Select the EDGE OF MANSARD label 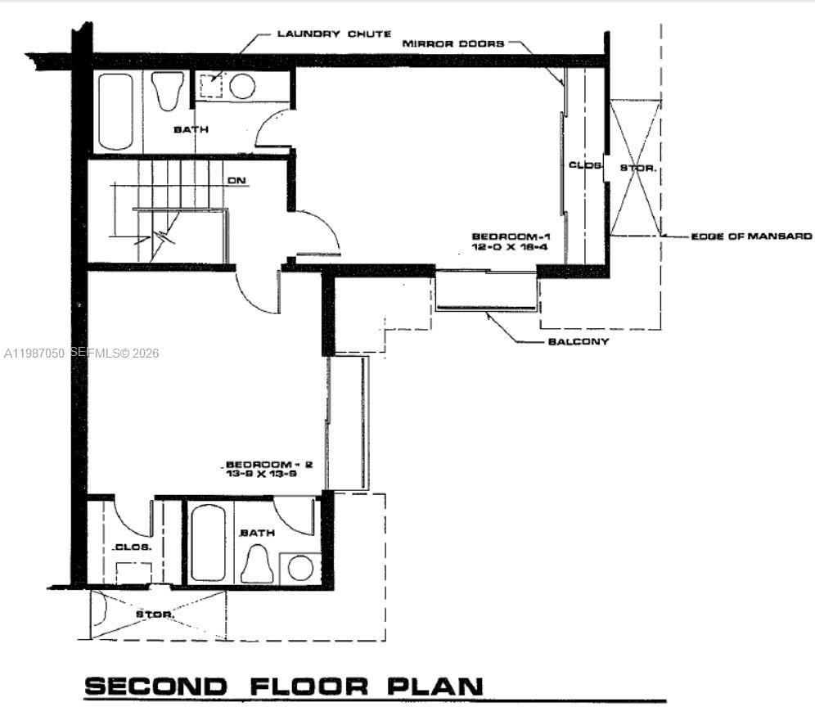tap(751, 236)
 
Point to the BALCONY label tap(578, 341)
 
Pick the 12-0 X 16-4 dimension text tap(507, 245)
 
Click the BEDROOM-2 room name tap(269, 464)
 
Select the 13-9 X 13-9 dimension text tap(269, 474)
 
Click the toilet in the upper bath tap(169, 90)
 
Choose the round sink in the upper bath tap(242, 86)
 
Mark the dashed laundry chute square tap(212, 85)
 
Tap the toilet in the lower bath tap(257, 565)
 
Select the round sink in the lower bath tap(300, 568)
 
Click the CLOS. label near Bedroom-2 tap(133, 547)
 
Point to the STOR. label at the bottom tap(154, 614)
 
